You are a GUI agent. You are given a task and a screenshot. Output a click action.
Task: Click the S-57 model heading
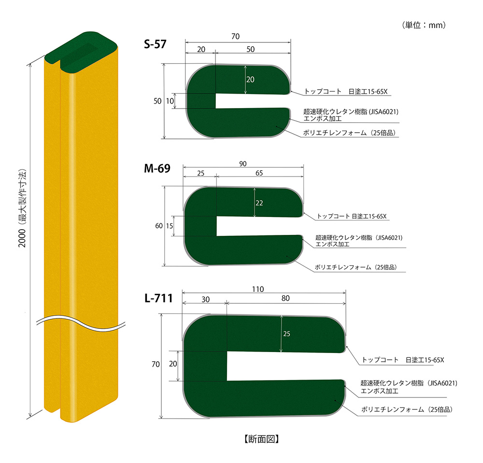(x=155, y=44)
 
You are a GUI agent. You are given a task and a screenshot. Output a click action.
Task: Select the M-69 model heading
(x=156, y=170)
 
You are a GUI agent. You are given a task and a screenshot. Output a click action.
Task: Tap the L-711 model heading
(x=158, y=298)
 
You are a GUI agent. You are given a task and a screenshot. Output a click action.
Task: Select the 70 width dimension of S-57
(x=236, y=37)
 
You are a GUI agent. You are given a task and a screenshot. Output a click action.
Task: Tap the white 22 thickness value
(x=259, y=203)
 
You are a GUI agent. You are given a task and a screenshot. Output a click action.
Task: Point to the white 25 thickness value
(x=286, y=333)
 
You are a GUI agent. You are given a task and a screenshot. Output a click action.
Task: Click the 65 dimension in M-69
(x=259, y=173)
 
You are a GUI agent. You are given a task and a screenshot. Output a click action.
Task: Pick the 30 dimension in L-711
(x=205, y=299)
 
